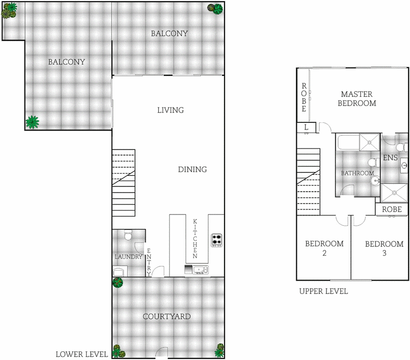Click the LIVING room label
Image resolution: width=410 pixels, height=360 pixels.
click(x=170, y=110)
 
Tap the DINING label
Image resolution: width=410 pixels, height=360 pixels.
click(x=192, y=170)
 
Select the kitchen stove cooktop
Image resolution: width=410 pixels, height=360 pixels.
click(x=216, y=239)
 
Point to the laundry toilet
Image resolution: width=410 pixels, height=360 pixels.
click(x=128, y=235)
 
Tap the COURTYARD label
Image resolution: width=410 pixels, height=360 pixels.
click(x=167, y=316)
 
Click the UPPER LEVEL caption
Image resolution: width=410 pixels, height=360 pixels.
click(x=323, y=291)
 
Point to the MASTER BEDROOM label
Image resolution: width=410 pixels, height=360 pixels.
click(x=358, y=98)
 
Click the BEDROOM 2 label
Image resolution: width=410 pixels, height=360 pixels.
click(x=324, y=248)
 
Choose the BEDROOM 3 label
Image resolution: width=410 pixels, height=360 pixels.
click(x=384, y=248)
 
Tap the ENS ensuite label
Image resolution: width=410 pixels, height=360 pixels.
click(x=391, y=158)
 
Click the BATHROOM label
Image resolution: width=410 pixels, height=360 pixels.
click(x=357, y=173)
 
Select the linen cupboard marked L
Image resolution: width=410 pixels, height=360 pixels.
click(x=306, y=127)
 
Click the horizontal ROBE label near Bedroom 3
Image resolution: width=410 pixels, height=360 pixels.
click(x=392, y=209)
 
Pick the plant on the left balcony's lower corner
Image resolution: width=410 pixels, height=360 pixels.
click(x=33, y=122)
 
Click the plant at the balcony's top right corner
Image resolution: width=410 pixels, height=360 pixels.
click(x=217, y=8)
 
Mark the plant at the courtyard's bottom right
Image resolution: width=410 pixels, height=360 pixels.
click(x=219, y=350)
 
